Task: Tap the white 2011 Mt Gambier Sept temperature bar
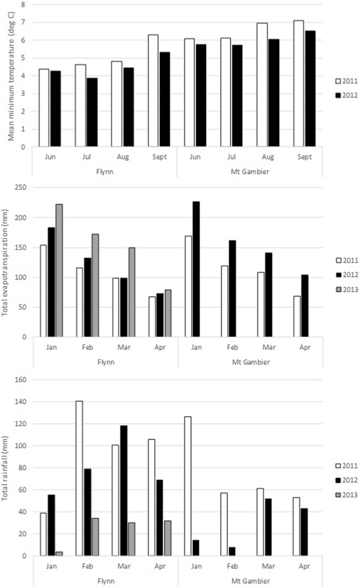(x=299, y=84)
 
